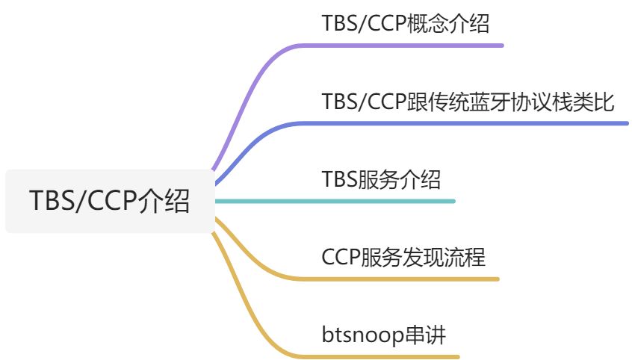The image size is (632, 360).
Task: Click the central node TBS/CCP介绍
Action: click(109, 201)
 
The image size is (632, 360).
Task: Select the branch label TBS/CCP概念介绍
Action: click(406, 24)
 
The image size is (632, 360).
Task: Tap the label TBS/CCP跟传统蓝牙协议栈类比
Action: click(468, 102)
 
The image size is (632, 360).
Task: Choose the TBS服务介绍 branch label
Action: click(381, 180)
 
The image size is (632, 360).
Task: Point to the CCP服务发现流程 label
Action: click(403, 258)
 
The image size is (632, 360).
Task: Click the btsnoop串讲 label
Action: click(383, 335)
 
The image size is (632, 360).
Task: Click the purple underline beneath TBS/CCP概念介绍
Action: click(418, 46)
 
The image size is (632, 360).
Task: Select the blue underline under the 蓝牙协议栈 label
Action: click(478, 123)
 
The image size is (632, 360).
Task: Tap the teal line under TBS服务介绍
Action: click(374, 201)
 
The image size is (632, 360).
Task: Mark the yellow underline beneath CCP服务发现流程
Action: click(411, 279)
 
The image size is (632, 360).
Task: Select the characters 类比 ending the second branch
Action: click(595, 102)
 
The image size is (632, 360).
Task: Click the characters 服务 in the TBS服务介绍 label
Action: click(379, 180)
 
